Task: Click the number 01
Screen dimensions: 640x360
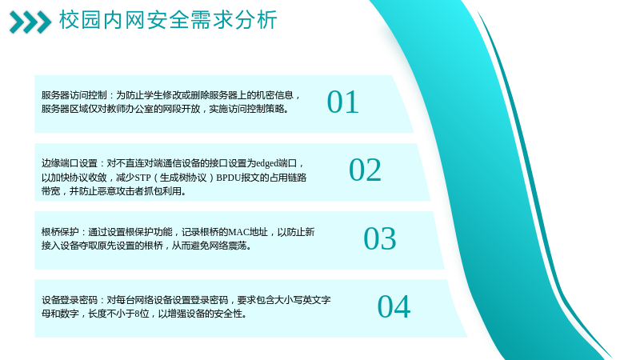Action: coord(343,102)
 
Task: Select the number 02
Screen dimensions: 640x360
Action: coord(366,170)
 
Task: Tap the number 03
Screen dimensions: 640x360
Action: coord(380,238)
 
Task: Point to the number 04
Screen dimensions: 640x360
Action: coord(394,306)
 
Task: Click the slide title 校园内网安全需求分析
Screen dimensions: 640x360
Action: coord(168,19)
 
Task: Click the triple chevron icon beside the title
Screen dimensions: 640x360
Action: coord(30,22)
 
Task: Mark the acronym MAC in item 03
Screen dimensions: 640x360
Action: coord(238,232)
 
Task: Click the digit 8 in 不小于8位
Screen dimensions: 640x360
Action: coord(137,314)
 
